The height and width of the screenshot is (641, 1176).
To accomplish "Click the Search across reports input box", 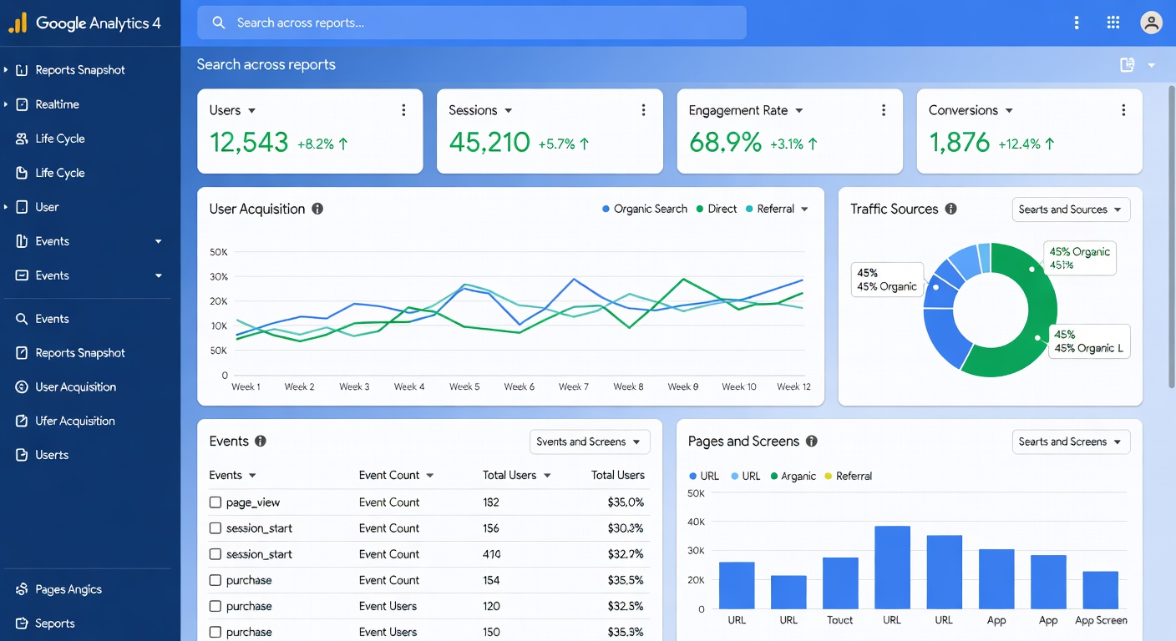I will tap(472, 23).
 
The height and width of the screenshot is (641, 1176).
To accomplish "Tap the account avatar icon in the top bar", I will tap(1151, 23).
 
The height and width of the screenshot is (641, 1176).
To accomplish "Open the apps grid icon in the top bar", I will tap(1113, 23).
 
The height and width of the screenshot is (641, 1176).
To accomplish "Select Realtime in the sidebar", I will tap(57, 104).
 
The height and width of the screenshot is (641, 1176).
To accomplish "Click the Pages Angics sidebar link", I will tap(68, 589).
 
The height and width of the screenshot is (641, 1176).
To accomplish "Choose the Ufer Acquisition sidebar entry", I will tap(74, 421).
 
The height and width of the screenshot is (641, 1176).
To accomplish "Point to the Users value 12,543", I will tap(248, 143).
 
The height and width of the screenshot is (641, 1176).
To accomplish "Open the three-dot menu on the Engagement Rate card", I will tap(884, 110).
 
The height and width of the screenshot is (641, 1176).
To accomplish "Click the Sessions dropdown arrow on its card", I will tap(509, 111).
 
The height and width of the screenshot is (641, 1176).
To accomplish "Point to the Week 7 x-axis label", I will tap(574, 386).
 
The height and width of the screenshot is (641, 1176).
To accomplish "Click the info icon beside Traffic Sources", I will tap(950, 209).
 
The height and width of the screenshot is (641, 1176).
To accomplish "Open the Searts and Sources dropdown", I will tap(1070, 209).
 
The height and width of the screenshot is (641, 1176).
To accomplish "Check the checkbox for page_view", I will tap(215, 502).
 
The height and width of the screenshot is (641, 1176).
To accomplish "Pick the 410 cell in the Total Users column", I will tap(491, 554).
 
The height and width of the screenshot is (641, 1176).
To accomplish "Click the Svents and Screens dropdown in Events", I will tap(589, 442).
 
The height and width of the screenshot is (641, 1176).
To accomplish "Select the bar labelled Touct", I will tap(840, 583).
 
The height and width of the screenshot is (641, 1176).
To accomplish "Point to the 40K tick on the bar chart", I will tap(695, 522).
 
